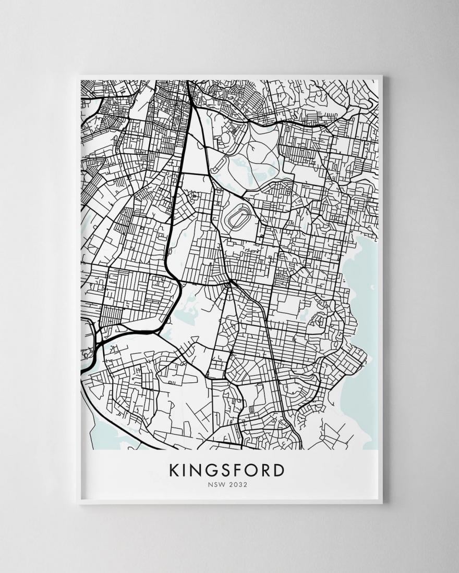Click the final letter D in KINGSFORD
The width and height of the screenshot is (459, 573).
coord(280,470)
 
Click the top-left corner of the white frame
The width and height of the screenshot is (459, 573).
coord(78,77)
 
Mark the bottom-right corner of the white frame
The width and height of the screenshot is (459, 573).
coord(382,503)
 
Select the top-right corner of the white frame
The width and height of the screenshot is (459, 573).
coord(382,77)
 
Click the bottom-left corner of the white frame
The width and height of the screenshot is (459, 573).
coord(78,503)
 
